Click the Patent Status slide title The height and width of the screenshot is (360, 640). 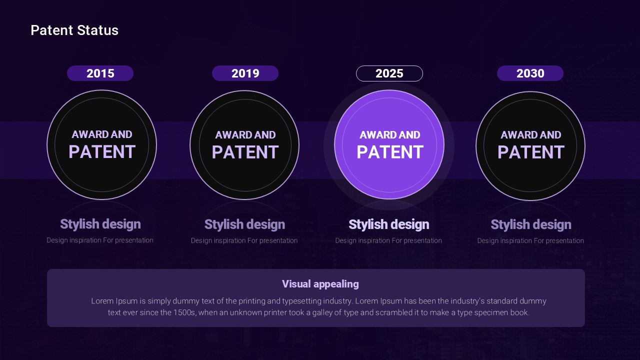pos(74,30)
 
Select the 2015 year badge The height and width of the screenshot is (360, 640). pos(100,73)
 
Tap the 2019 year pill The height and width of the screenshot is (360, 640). pos(245,73)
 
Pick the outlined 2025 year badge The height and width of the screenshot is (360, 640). pos(389,73)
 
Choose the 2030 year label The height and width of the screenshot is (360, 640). pos(530,73)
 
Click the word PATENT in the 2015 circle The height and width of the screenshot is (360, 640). pos(102,151)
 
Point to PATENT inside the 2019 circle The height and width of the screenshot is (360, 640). pos(245,152)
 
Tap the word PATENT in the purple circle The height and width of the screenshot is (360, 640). pos(390,152)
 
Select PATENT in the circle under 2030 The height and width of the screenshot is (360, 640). pos(531,152)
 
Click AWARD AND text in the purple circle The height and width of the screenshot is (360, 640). pos(390,135)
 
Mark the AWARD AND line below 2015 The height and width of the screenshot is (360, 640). pos(102,134)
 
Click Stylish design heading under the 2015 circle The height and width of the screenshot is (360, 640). pos(100,224)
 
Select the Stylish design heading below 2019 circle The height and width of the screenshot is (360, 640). pos(245,224)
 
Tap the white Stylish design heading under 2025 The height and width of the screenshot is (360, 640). pos(389,224)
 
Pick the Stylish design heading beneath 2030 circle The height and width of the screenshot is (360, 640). pos(531,224)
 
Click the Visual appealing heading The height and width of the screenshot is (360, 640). pos(320,284)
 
